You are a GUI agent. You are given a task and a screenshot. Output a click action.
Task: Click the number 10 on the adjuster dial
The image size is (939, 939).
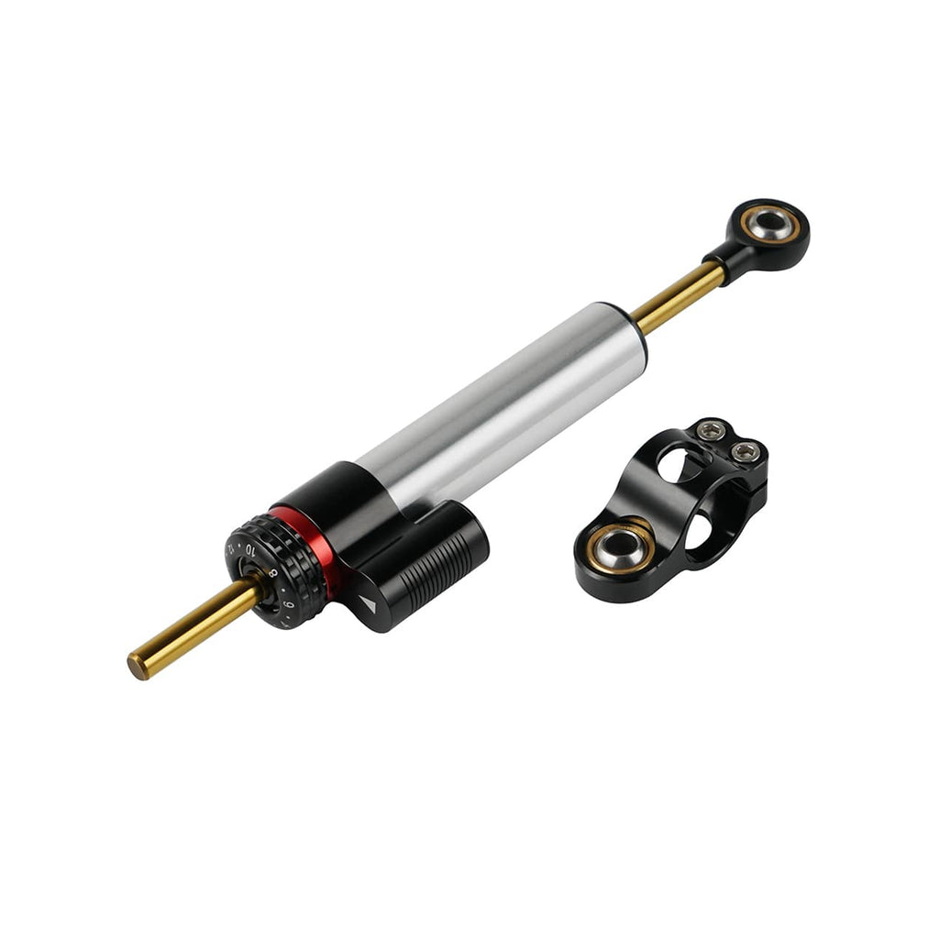(x=250, y=549)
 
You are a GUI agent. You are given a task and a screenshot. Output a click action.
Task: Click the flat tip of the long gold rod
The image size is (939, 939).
(x=138, y=667)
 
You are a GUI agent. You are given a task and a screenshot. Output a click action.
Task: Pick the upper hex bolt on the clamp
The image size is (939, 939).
(x=712, y=430)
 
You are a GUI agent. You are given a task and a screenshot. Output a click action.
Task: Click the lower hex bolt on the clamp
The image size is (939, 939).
(x=745, y=451)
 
